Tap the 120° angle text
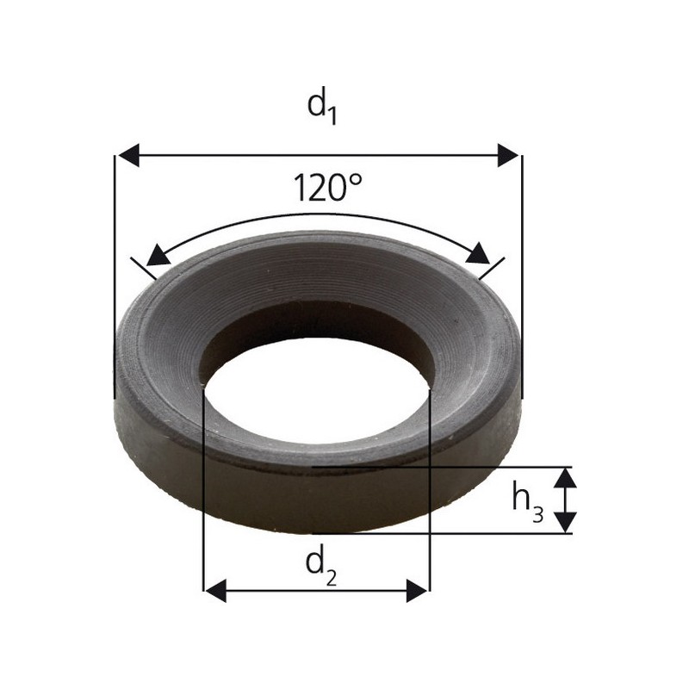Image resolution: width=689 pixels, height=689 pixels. [327, 188]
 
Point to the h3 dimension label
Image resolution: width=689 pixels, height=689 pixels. [528, 501]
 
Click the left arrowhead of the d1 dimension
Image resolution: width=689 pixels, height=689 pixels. [129, 155]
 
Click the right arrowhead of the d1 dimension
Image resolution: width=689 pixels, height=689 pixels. [508, 155]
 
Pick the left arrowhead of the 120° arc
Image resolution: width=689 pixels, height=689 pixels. [158, 256]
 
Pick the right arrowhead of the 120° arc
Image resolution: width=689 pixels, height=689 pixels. [478, 253]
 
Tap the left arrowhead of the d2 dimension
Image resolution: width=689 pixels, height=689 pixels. [216, 591]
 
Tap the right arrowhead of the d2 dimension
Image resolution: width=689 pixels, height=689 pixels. [417, 591]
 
